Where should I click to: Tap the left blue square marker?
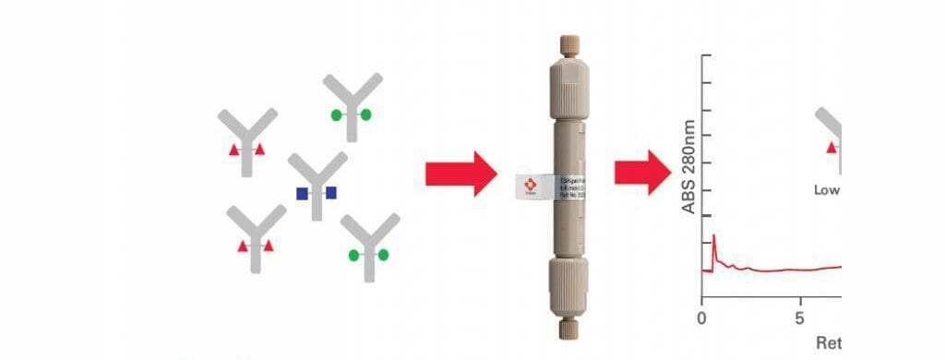tap(302, 194)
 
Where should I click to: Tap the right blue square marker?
tap(331, 193)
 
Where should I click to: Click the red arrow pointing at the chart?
tap(643, 173)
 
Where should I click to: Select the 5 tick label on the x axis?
tap(800, 317)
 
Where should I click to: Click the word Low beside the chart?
tap(827, 191)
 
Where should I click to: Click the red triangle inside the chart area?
tap(831, 147)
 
